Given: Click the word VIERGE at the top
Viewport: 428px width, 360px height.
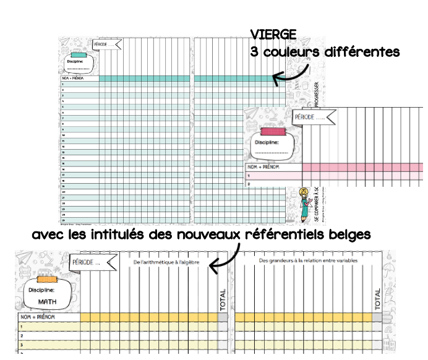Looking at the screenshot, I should [273, 34].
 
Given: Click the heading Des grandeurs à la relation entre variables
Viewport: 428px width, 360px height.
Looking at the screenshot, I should [307, 261].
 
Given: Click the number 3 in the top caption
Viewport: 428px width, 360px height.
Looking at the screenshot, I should [254, 53].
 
